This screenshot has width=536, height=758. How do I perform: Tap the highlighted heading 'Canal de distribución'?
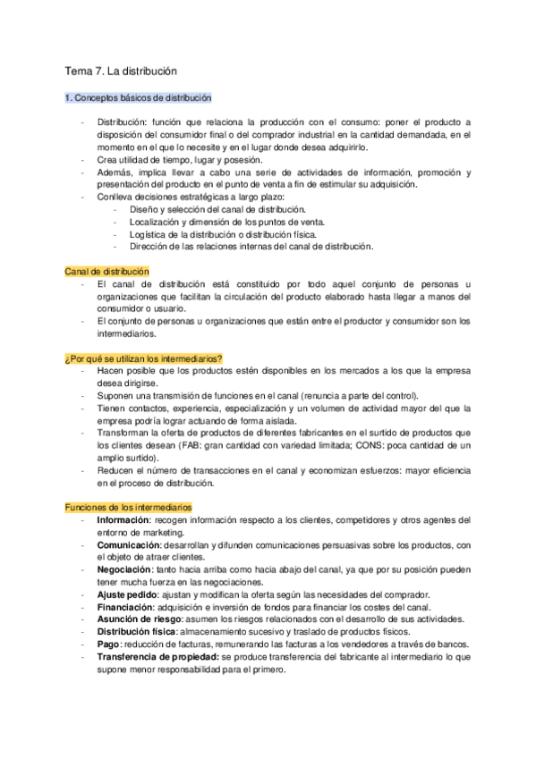coord(106,271)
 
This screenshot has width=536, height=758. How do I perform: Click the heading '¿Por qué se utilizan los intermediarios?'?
coord(143,358)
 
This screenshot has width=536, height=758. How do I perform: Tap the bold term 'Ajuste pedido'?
coord(129,594)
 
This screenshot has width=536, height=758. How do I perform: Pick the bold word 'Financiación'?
coord(125,607)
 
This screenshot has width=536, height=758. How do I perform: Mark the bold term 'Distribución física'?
coord(136,631)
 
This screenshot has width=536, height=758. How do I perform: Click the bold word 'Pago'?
coord(107,644)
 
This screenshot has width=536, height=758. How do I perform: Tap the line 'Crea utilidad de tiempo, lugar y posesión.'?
coord(180,160)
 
